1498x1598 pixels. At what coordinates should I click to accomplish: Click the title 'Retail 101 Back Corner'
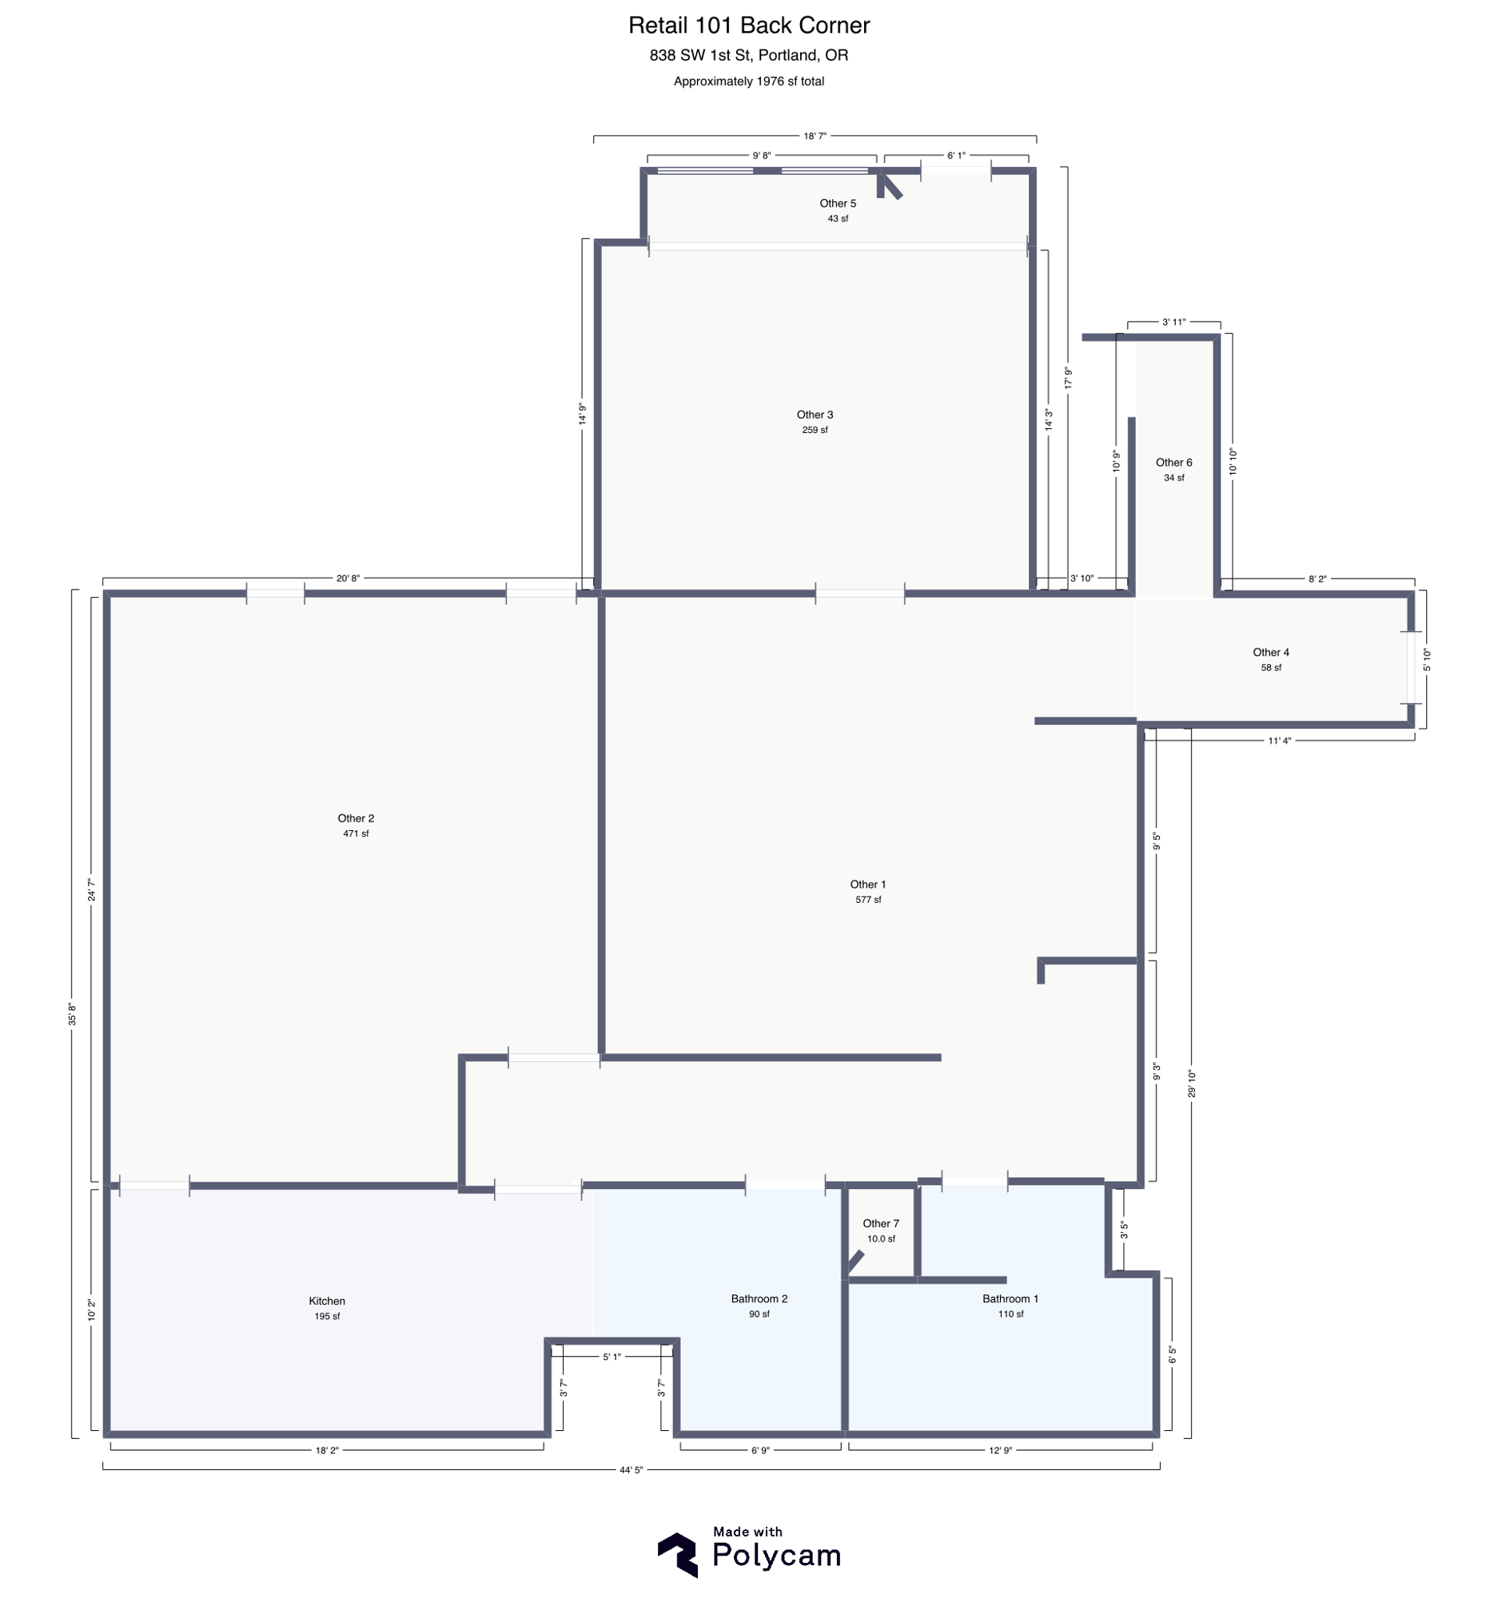(748, 26)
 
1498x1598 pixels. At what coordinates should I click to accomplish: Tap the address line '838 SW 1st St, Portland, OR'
(748, 55)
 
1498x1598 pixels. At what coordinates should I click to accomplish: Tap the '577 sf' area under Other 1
(867, 900)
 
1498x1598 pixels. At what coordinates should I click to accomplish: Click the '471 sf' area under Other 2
(356, 833)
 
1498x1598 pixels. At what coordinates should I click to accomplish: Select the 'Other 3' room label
(815, 415)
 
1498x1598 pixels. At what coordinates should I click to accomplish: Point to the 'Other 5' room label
(838, 204)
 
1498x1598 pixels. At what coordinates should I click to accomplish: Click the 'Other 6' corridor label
(1174, 462)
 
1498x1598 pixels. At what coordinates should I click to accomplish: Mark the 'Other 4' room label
(1270, 652)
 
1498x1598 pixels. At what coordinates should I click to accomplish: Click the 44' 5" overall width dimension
(631, 1470)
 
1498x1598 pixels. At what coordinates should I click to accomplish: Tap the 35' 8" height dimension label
(73, 1015)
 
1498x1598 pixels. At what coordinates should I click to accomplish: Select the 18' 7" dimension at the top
(815, 136)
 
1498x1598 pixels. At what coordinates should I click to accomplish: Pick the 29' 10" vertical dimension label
(1192, 1083)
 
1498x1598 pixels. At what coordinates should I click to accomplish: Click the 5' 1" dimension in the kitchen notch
(612, 1357)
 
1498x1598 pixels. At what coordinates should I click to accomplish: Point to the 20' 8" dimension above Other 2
(348, 578)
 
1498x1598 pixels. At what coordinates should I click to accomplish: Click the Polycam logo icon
(677, 1555)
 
